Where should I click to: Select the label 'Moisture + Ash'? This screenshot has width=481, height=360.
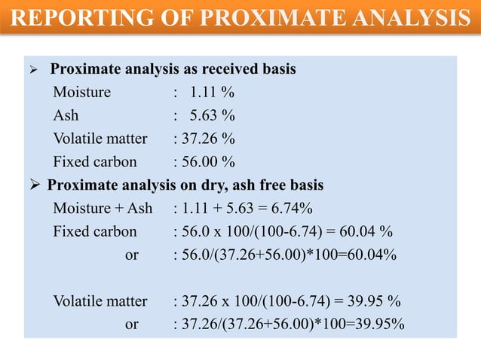[x=103, y=209]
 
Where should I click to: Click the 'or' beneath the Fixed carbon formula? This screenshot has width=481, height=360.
[x=131, y=255]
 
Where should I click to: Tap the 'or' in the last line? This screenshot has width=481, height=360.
[x=131, y=325]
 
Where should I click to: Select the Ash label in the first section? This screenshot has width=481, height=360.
[x=66, y=116]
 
